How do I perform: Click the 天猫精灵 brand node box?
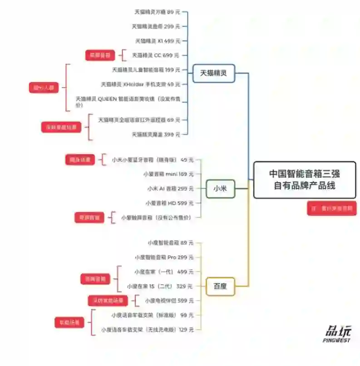click(x=213, y=73)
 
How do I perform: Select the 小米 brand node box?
click(x=220, y=189)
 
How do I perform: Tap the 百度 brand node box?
click(x=220, y=286)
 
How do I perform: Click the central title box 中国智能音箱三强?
click(x=304, y=179)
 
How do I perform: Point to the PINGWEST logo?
click(x=337, y=334)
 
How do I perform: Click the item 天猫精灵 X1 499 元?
click(x=158, y=41)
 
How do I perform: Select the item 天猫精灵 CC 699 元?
click(x=155, y=55)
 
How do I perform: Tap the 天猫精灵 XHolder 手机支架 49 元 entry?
click(x=140, y=84)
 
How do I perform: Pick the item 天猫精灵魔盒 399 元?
click(x=156, y=134)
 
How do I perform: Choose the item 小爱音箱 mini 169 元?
click(x=168, y=174)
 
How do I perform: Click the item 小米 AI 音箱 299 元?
click(x=170, y=188)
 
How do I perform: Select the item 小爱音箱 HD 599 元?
click(x=169, y=203)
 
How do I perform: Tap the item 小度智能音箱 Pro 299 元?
click(x=164, y=257)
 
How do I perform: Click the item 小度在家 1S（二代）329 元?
click(x=160, y=286)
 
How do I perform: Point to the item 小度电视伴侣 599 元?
click(x=169, y=301)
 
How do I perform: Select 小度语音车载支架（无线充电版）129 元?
click(x=147, y=330)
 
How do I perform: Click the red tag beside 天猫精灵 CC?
click(x=100, y=55)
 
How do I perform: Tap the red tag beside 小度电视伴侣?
click(x=108, y=301)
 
